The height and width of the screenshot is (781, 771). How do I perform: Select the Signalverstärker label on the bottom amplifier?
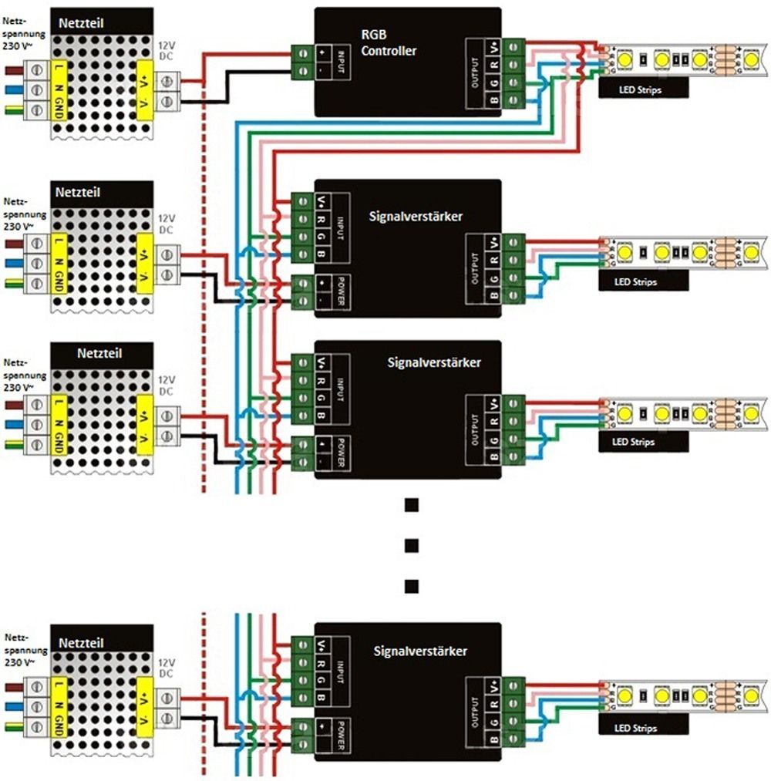(420, 651)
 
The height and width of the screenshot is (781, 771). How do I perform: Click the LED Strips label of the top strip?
(640, 89)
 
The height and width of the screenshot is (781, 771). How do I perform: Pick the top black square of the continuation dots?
(412, 505)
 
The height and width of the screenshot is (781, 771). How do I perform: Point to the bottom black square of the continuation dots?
(412, 585)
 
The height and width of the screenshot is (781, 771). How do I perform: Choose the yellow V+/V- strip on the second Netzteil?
(144, 263)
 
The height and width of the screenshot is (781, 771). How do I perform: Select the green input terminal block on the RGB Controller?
(301, 62)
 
